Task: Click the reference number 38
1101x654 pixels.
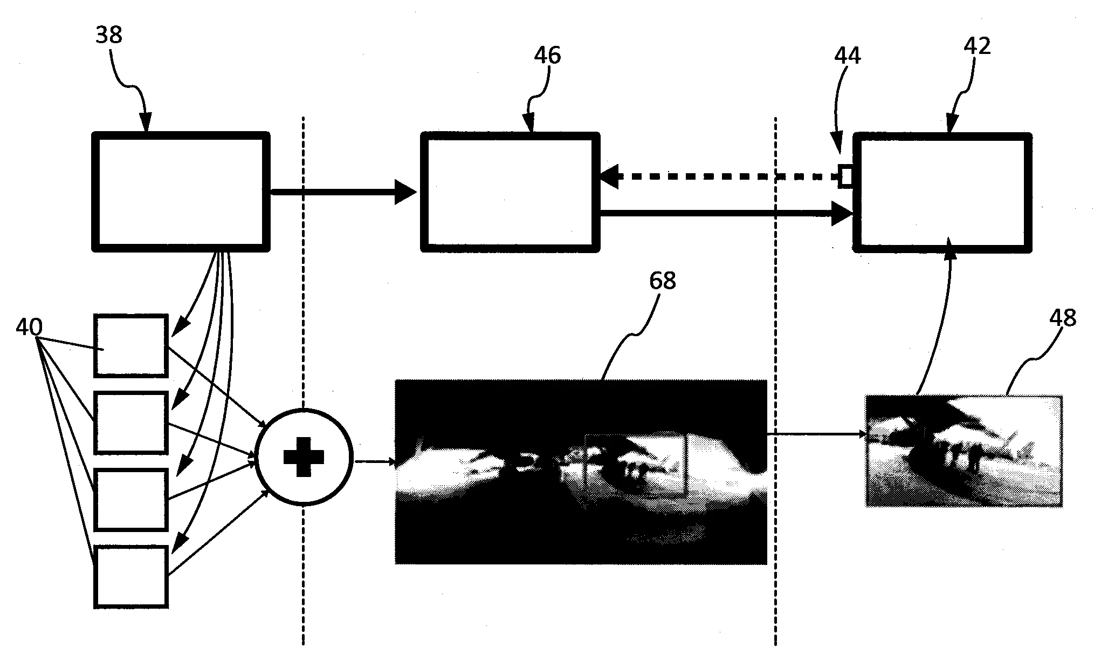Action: click(109, 36)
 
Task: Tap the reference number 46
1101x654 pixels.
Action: click(548, 56)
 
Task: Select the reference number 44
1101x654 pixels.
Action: click(848, 56)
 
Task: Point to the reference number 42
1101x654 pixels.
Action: click(977, 46)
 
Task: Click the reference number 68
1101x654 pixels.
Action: click(663, 281)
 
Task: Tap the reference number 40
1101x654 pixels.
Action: click(29, 326)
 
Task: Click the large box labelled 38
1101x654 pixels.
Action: click(181, 192)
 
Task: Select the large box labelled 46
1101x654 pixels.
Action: click(510, 192)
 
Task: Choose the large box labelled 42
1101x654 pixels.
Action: click(942, 192)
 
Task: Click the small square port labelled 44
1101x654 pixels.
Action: click(845, 176)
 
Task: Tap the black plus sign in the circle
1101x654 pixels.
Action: click(304, 457)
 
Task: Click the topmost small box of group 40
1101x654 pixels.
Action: click(131, 345)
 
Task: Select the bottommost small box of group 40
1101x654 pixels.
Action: click(131, 576)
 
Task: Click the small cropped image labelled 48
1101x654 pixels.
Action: click(964, 451)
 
